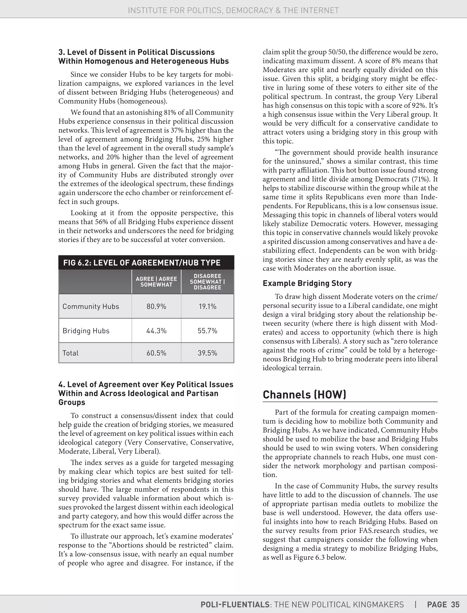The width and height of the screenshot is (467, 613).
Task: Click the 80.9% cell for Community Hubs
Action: click(x=156, y=306)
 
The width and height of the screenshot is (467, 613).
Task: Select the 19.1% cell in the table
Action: click(x=207, y=306)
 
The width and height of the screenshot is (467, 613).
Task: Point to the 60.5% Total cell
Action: click(x=156, y=353)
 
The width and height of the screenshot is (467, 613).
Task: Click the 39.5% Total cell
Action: click(x=207, y=353)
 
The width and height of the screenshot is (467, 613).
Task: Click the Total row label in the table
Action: click(x=71, y=353)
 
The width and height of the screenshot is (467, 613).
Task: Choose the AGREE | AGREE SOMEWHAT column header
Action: click(x=156, y=282)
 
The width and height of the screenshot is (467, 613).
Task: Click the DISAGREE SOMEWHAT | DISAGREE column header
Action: click(x=207, y=282)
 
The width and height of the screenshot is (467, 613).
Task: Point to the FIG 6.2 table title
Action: click(x=142, y=263)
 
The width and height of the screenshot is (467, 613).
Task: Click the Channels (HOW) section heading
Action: click(x=304, y=395)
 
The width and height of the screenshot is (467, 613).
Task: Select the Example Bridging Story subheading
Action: click(x=307, y=283)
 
